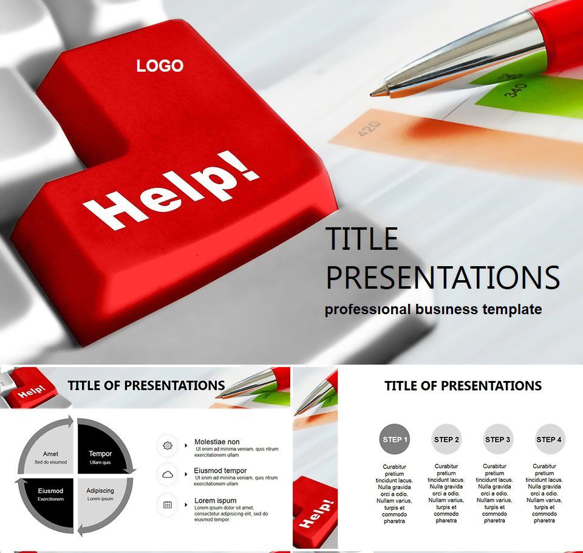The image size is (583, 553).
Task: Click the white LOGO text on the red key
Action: click(x=160, y=66)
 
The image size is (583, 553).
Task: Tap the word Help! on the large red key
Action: click(x=172, y=193)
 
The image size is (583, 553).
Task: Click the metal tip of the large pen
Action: click(x=381, y=91)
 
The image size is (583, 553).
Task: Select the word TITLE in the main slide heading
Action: click(x=362, y=239)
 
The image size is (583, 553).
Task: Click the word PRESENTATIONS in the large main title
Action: click(x=443, y=277)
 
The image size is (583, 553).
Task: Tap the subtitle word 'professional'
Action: click(x=367, y=309)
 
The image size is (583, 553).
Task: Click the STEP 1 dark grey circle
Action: click(x=395, y=439)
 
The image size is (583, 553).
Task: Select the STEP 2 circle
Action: click(x=446, y=439)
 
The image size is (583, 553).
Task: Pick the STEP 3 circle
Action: click(x=498, y=439)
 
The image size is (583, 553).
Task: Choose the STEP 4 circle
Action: click(x=549, y=439)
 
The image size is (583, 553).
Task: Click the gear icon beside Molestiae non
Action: click(x=168, y=445)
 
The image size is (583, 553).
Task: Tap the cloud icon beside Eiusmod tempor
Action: click(x=168, y=475)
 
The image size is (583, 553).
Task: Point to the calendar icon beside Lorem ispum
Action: click(x=168, y=504)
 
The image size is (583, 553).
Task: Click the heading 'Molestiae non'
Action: click(x=217, y=442)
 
